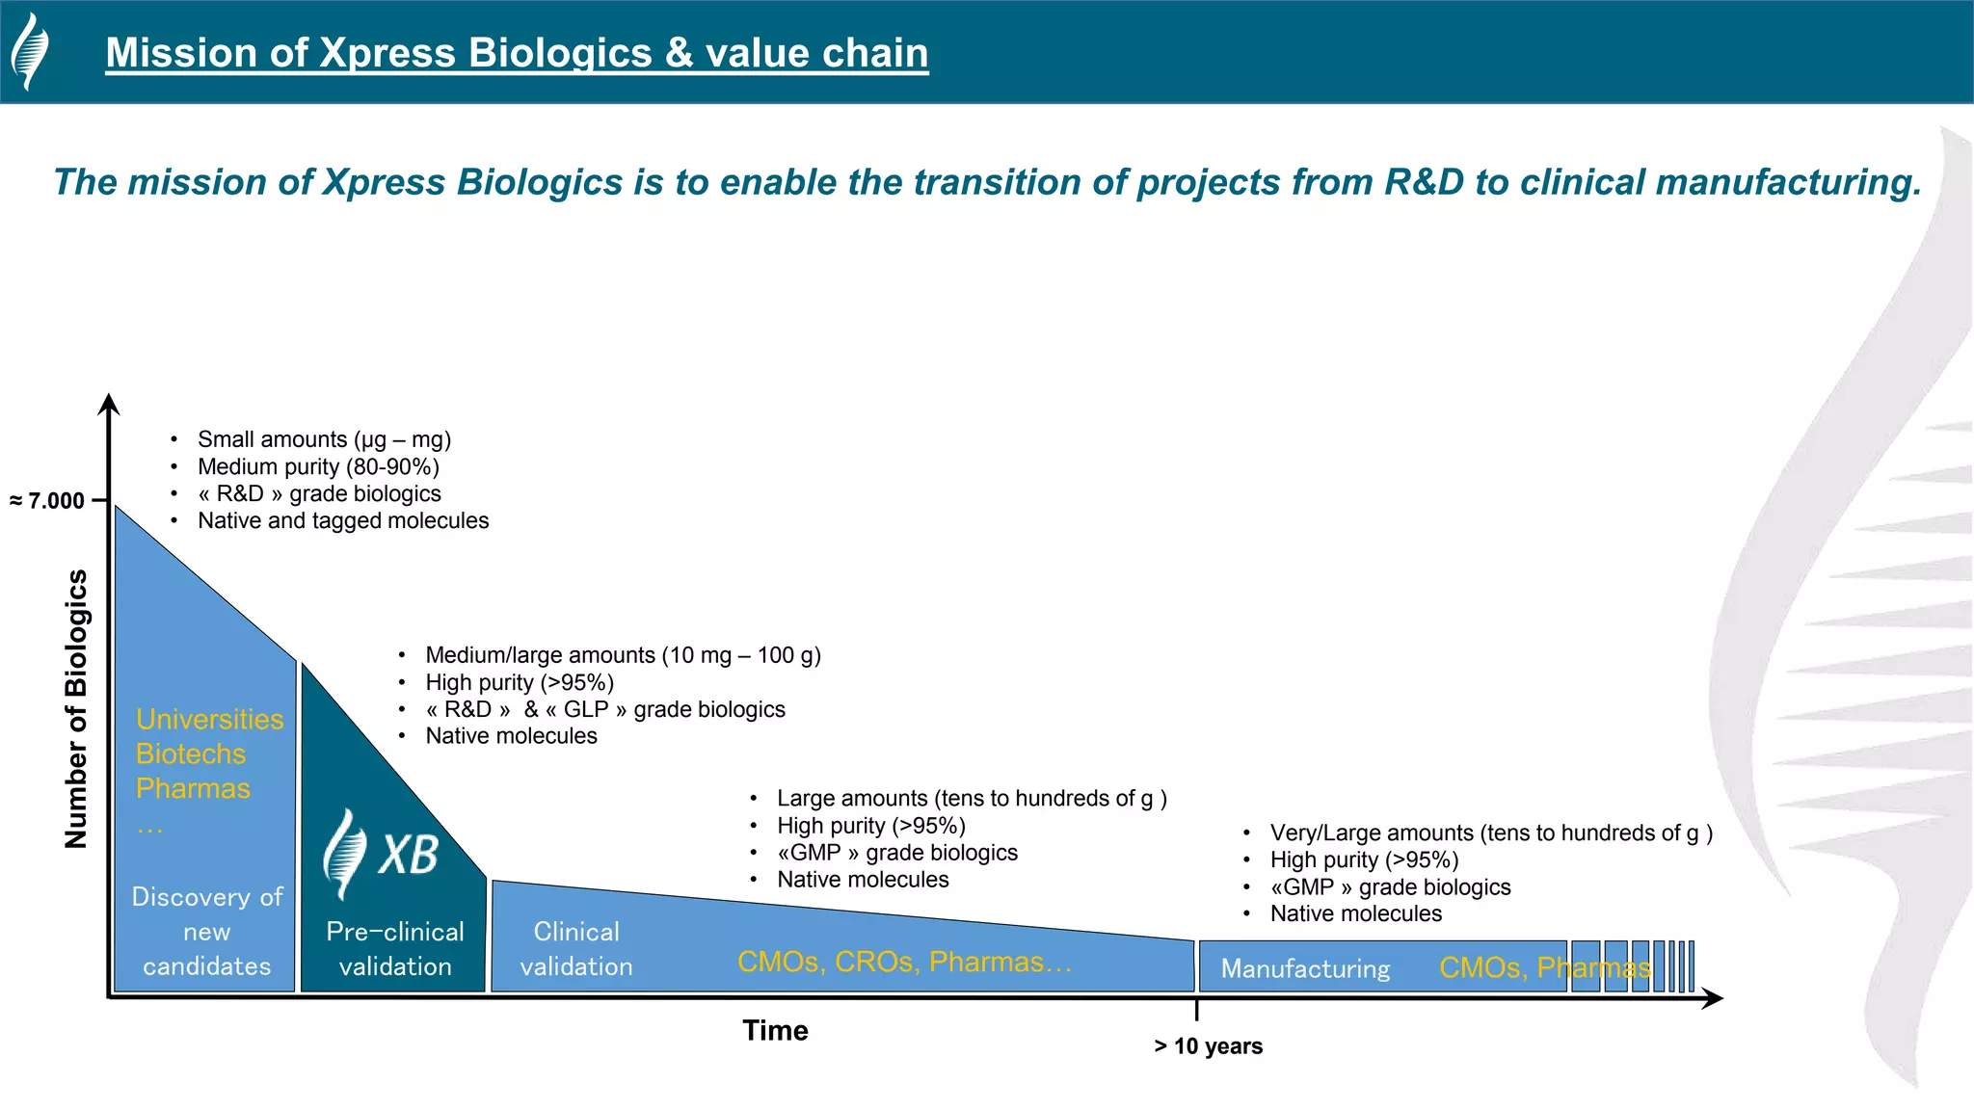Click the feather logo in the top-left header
click(x=30, y=52)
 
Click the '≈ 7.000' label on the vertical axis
click(x=48, y=501)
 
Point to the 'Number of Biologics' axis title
click(x=76, y=708)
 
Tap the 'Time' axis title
click(x=775, y=1030)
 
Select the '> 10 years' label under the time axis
click(x=1208, y=1046)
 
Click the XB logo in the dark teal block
click(x=383, y=853)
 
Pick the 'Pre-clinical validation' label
click(x=395, y=949)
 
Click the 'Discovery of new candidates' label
click(x=207, y=931)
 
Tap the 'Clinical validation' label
click(x=576, y=949)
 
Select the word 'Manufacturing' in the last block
click(x=1305, y=968)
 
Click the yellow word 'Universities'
click(x=210, y=720)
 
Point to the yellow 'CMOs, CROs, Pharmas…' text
click(x=904, y=962)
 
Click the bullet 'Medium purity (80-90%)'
click(x=318, y=467)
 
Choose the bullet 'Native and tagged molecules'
click(x=343, y=521)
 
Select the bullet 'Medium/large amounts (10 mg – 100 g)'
click(x=623, y=655)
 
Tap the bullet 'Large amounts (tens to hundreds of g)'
click(x=972, y=799)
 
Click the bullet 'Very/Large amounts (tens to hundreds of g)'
click(x=1490, y=833)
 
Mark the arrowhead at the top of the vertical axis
click(x=110, y=404)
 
